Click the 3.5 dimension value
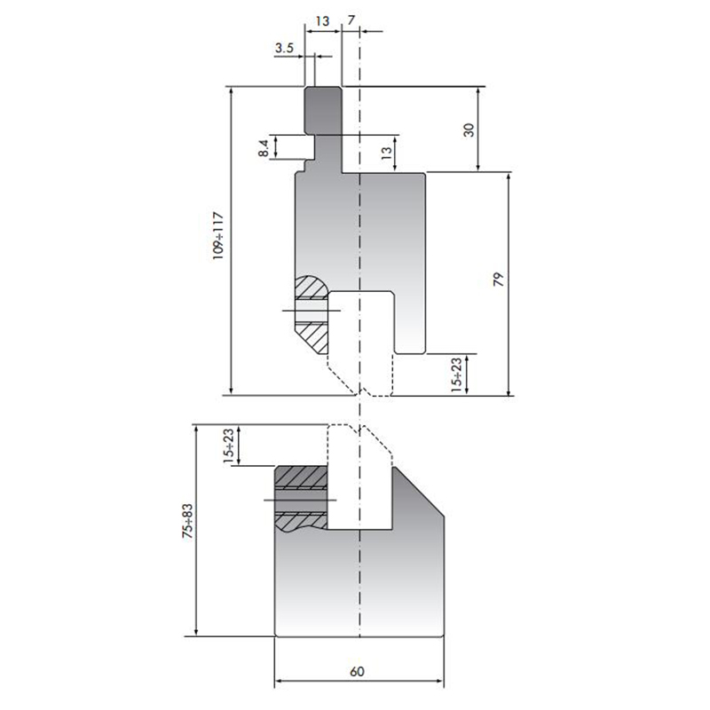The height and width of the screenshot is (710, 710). [285, 48]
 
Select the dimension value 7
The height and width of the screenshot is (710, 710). [352, 19]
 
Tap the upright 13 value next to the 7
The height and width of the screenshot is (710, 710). [323, 19]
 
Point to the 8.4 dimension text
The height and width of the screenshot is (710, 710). [264, 147]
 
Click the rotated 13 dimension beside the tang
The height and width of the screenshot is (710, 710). [386, 153]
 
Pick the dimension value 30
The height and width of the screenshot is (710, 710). [469, 129]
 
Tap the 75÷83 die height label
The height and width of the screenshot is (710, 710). [185, 529]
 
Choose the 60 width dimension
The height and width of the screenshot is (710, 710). [357, 671]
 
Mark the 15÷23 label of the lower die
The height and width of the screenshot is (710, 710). [229, 446]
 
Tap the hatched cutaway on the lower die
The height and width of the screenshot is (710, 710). [302, 500]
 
